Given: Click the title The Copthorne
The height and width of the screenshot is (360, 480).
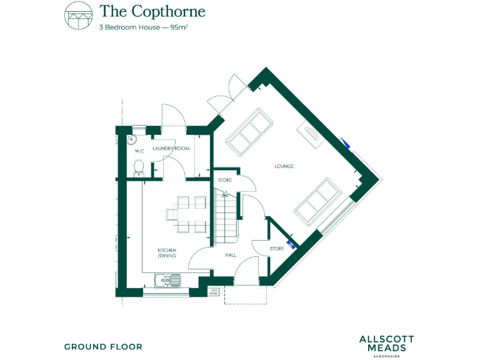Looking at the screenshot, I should pyautogui.click(x=152, y=11).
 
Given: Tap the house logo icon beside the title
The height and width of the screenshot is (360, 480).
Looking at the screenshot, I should pyautogui.click(x=78, y=14).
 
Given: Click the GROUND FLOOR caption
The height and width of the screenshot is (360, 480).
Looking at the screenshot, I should pyautogui.click(x=103, y=346).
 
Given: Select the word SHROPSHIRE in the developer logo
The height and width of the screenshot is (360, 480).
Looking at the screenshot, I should pyautogui.click(x=386, y=356).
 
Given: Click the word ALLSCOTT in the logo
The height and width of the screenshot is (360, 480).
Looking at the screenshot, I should pyautogui.click(x=386, y=339).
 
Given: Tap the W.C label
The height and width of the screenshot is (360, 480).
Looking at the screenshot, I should pyautogui.click(x=139, y=151).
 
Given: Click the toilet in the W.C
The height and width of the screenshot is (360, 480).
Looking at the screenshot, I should pyautogui.click(x=139, y=167).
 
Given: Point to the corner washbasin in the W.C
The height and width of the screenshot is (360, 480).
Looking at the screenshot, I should pyautogui.click(x=132, y=139).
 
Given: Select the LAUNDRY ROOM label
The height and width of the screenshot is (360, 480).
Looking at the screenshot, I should pyautogui.click(x=171, y=149).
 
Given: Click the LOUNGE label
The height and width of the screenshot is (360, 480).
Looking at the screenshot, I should pyautogui.click(x=284, y=166).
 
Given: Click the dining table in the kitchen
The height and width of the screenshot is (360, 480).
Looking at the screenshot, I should pyautogui.click(x=186, y=212).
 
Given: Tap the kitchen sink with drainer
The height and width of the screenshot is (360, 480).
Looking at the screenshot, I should pyautogui.click(x=167, y=279).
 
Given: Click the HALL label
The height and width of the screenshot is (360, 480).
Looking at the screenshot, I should pyautogui.click(x=230, y=255).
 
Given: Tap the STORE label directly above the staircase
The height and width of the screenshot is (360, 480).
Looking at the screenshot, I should pyautogui.click(x=225, y=181).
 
